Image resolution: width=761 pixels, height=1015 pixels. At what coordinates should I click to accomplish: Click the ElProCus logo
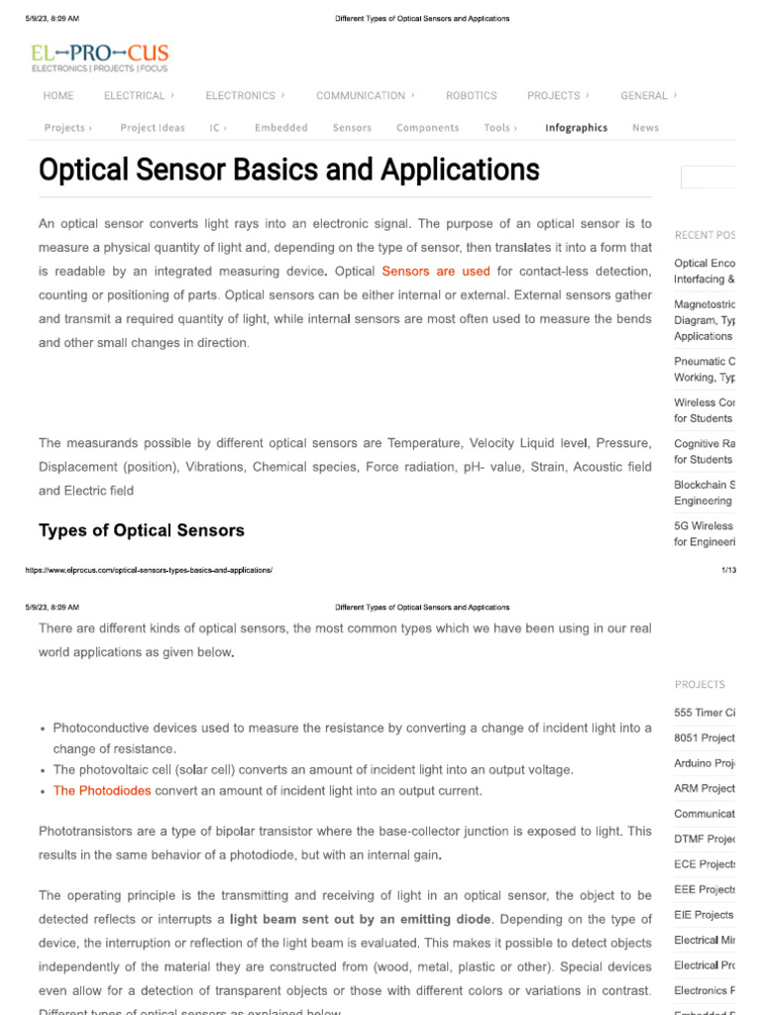pos(99,57)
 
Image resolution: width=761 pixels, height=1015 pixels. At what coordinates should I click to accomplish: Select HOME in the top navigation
pos(58,96)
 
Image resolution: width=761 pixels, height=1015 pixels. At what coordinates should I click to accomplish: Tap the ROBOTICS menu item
pos(471,96)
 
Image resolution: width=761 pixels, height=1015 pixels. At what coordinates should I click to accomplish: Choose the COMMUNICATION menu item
pos(361,96)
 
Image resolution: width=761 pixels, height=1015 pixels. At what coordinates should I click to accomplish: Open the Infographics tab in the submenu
pos(576,128)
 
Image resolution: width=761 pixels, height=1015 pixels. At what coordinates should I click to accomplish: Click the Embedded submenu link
pos(280,128)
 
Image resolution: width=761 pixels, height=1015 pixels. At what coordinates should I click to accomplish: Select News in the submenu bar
pos(645,128)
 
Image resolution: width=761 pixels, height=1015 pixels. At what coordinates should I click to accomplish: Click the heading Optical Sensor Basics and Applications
pos(288,169)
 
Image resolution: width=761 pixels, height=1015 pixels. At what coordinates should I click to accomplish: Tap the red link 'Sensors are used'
pos(435,272)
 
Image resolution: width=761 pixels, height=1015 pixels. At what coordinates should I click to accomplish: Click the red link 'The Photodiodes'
pos(102,791)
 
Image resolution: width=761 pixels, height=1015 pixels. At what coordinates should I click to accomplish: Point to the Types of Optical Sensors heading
pos(141,531)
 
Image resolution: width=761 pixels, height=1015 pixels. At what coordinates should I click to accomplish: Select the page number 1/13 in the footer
pos(728,570)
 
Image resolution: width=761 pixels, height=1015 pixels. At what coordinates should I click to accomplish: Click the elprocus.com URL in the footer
pos(149,570)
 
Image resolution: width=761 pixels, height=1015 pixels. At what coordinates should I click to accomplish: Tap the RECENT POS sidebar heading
pos(705,236)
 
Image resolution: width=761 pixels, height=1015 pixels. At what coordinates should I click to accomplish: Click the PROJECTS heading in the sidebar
pos(700,685)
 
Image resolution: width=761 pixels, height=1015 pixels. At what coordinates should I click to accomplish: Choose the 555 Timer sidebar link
pos(705,713)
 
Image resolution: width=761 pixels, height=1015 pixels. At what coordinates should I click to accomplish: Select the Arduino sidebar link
pos(705,763)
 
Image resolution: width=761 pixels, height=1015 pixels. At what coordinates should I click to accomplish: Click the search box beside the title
pos(707,177)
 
